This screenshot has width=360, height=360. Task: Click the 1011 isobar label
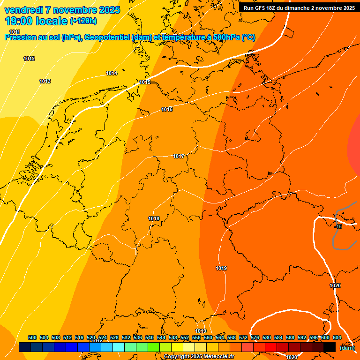point(15,32)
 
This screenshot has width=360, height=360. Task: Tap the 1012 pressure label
point(29,59)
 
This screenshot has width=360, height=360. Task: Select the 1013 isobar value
point(45,82)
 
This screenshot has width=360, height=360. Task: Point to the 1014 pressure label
point(112,74)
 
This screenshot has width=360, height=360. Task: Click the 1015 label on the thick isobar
point(145,82)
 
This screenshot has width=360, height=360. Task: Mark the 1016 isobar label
point(167,110)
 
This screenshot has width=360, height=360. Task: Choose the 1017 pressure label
point(179,157)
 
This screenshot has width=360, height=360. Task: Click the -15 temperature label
point(338,227)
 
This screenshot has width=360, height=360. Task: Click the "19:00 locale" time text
point(37,21)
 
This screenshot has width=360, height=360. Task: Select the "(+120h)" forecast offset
point(83,21)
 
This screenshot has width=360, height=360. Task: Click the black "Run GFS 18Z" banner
point(299,8)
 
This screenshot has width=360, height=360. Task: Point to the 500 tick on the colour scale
point(32,338)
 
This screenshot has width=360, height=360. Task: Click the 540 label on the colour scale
point(150,338)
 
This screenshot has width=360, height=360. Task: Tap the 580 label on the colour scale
point(267,338)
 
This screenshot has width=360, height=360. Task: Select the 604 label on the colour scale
point(337,338)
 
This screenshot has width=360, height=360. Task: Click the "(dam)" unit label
point(347,347)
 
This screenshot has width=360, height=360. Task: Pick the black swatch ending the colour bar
point(330,347)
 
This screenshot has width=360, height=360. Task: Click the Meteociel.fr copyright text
point(199,357)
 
